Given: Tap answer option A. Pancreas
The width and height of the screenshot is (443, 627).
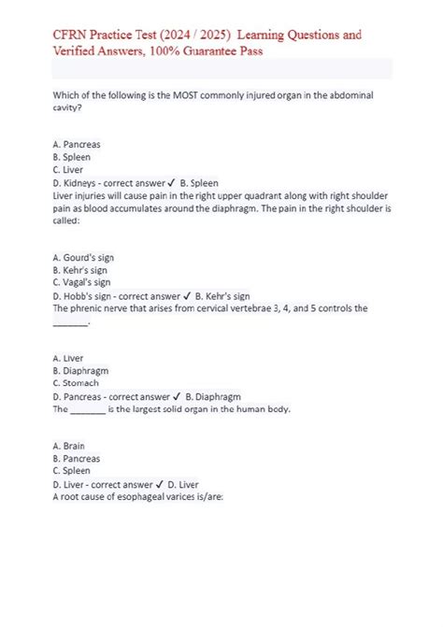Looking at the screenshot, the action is [77, 146].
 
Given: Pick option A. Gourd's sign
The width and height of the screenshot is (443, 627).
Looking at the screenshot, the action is [84, 256].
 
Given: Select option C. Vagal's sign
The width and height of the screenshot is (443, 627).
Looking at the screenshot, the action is [82, 281].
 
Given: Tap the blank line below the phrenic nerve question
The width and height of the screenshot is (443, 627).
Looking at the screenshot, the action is [70, 323].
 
